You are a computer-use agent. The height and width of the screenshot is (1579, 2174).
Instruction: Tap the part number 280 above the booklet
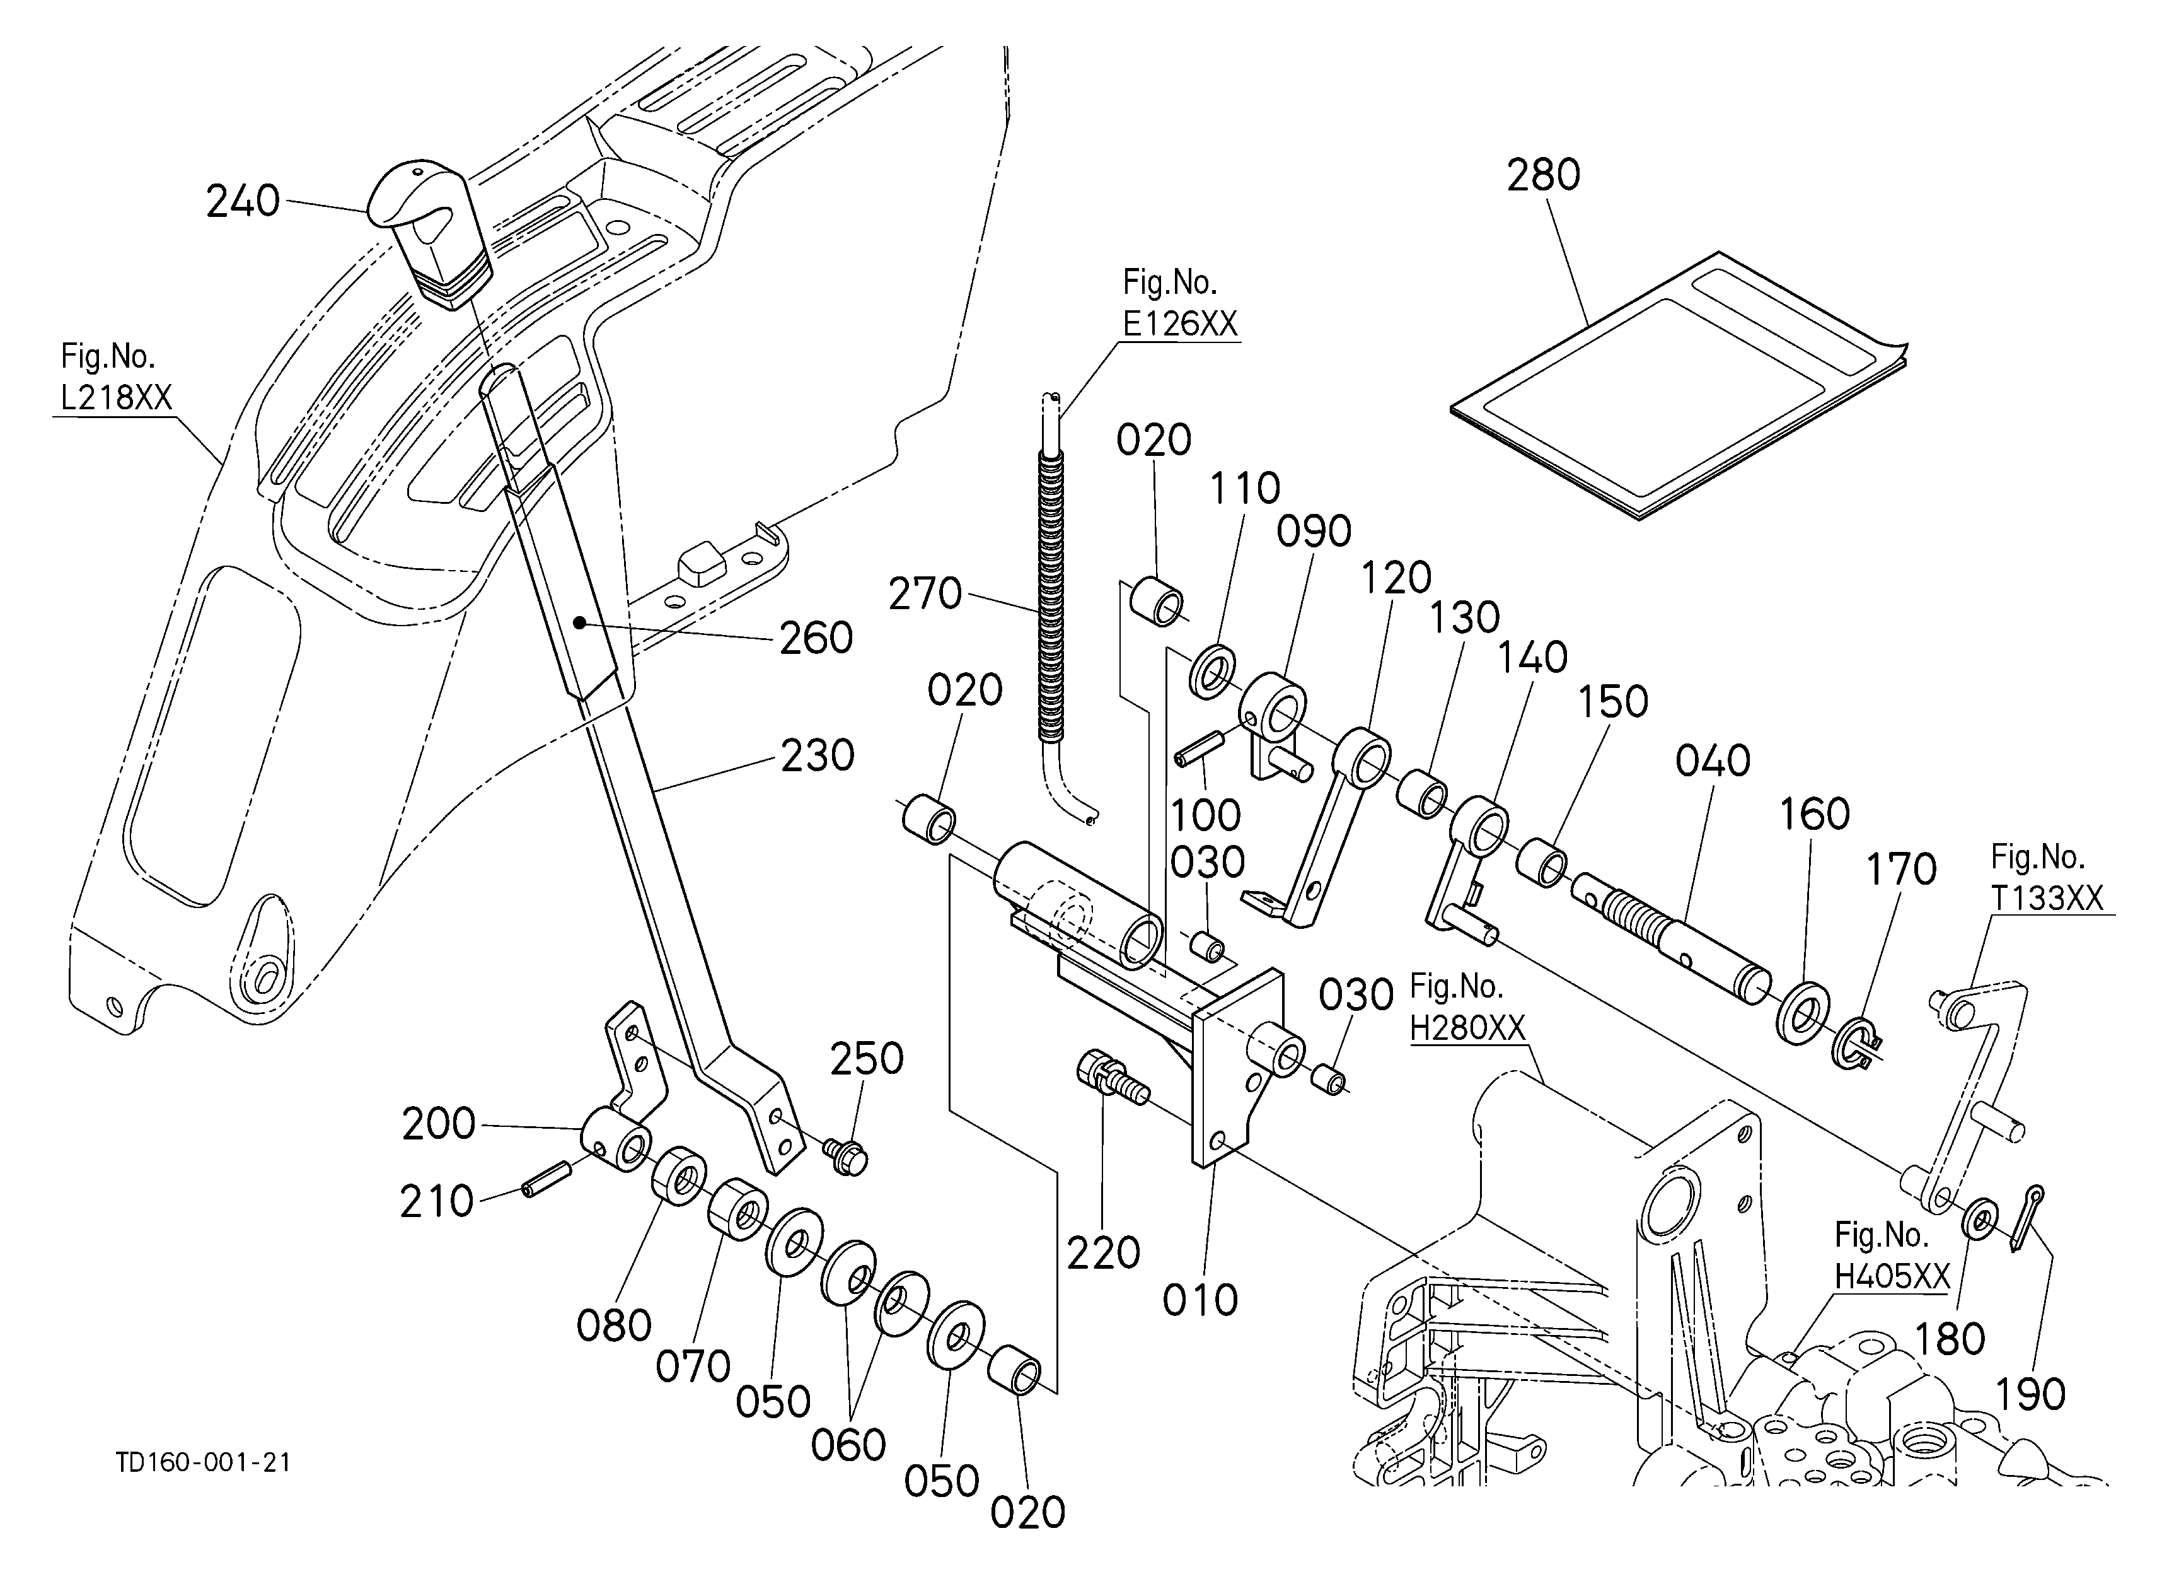1542,175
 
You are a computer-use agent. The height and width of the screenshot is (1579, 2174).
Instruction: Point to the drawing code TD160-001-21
202,1462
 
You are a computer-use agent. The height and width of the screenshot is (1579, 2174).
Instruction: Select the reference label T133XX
2047,897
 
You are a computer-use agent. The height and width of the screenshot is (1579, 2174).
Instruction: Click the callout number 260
816,638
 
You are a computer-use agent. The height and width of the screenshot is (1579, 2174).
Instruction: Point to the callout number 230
817,755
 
